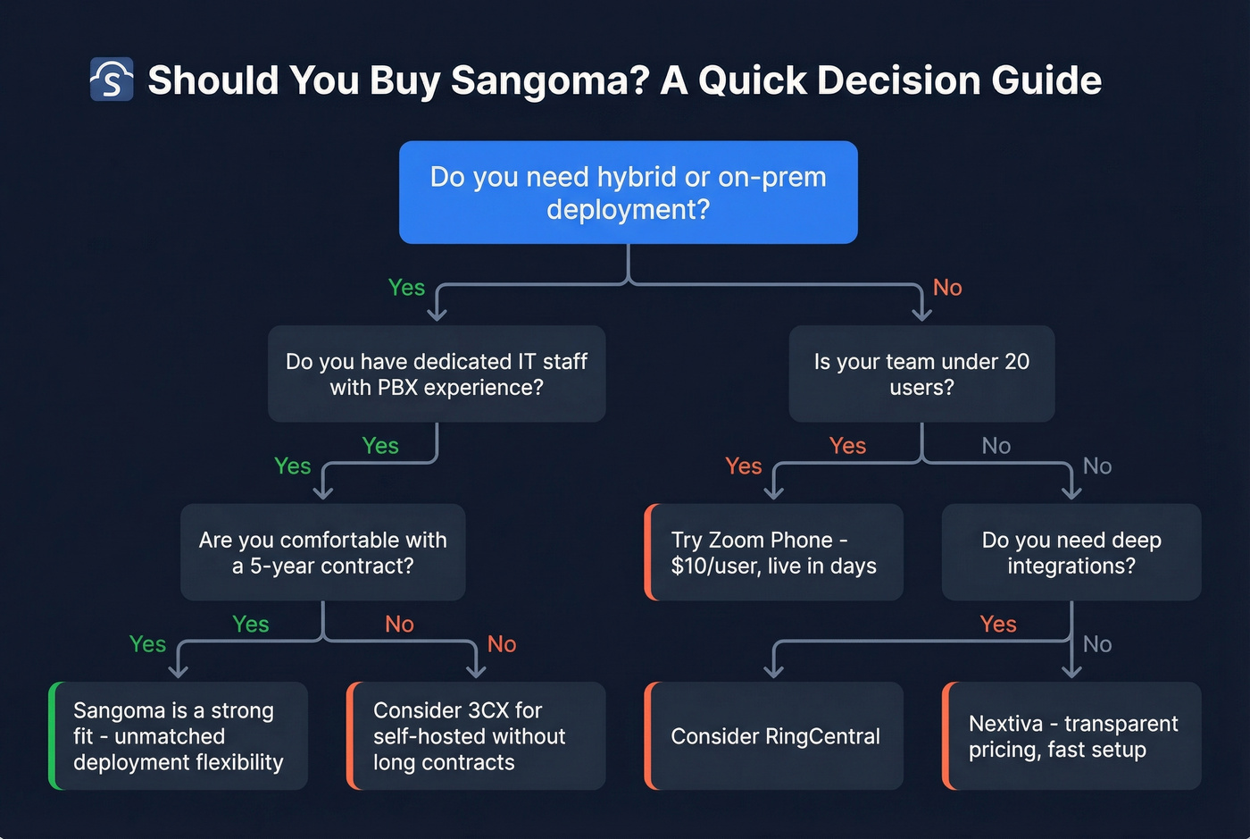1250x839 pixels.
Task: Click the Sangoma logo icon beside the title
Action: point(112,80)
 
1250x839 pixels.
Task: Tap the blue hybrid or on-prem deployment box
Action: point(628,192)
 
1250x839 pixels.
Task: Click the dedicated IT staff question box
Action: point(437,373)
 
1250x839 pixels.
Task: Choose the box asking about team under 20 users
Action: point(921,373)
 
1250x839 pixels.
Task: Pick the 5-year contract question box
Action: point(322,552)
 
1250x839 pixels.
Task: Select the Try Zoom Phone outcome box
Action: point(774,552)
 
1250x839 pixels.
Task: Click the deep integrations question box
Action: point(1071,552)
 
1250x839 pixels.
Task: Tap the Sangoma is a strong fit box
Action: point(179,735)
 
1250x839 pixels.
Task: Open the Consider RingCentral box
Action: point(774,735)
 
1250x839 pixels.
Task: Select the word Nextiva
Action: point(1005,724)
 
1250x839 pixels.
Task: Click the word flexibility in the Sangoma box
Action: point(233,762)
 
